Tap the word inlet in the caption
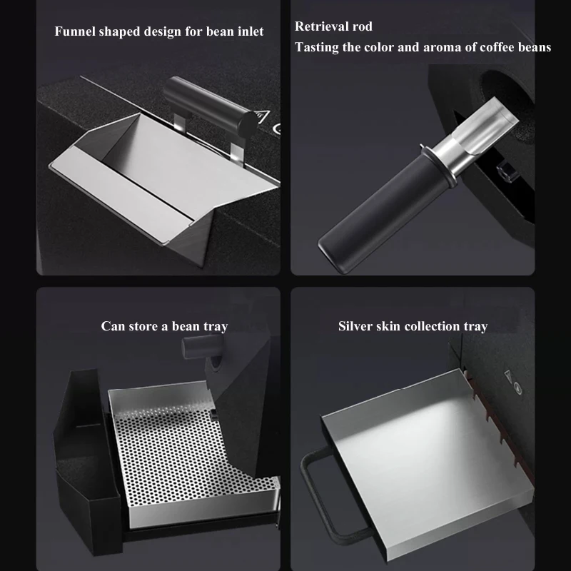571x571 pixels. (x=251, y=31)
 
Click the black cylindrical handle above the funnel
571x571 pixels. (x=209, y=104)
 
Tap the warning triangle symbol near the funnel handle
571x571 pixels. (x=261, y=116)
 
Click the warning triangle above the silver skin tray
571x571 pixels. (x=508, y=376)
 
